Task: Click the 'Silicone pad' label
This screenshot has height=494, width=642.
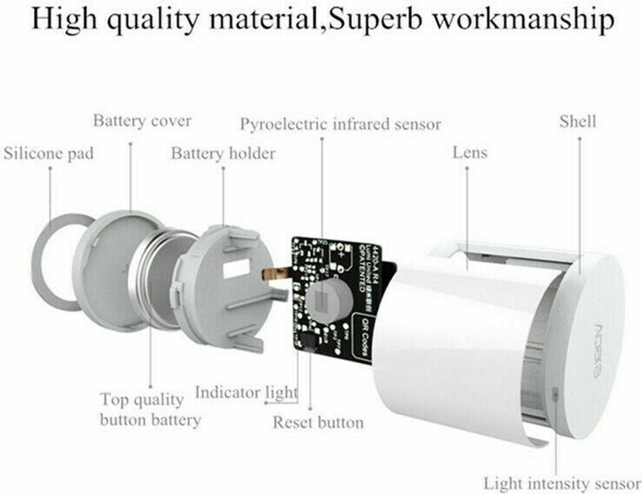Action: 49,154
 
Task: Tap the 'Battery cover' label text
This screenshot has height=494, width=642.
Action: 142,121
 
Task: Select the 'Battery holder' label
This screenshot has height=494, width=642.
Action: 223,153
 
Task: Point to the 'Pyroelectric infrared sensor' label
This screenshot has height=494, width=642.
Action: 340,124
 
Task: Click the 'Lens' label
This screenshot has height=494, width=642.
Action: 470,153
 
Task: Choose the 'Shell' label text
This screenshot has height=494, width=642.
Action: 578,121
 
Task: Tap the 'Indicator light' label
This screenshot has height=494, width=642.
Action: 246,393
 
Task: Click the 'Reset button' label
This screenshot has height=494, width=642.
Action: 318,422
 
